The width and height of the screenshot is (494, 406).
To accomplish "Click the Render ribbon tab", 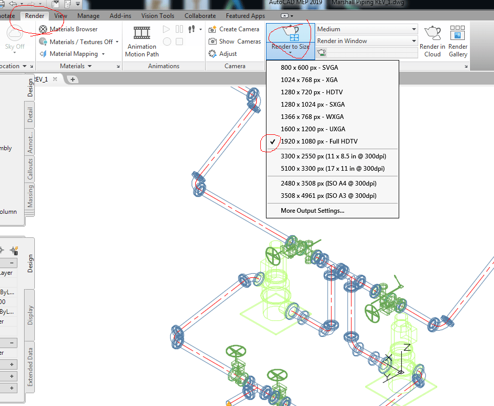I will click(35, 16).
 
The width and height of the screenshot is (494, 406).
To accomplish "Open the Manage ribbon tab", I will click(88, 16).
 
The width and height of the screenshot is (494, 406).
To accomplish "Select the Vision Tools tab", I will click(157, 16).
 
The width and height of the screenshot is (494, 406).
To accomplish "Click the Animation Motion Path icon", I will click(142, 33).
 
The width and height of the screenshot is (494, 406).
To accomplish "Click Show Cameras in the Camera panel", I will click(235, 42).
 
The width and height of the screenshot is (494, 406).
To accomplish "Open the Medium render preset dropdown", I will click(367, 29).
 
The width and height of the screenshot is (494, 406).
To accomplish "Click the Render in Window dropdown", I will click(367, 41).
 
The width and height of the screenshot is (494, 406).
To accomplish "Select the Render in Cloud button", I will click(433, 41).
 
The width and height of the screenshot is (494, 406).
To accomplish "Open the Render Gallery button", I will click(458, 41).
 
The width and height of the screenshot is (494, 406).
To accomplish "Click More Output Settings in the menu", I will click(313, 211).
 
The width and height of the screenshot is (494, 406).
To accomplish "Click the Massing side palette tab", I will click(30, 197).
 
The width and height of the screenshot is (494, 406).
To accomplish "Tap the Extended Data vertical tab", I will click(30, 367).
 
